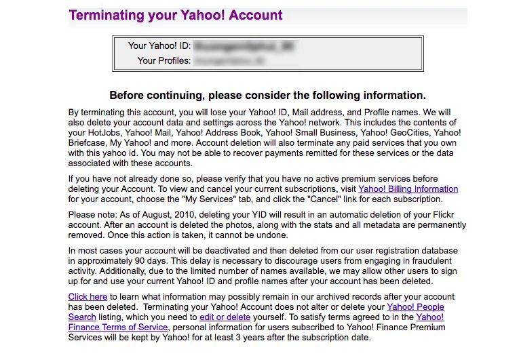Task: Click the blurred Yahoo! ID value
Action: [246, 46]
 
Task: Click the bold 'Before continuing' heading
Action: [267, 95]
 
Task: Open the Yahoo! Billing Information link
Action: [408, 189]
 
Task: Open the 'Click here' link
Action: [88, 297]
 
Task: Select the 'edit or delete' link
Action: [225, 317]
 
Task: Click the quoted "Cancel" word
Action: [320, 199]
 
